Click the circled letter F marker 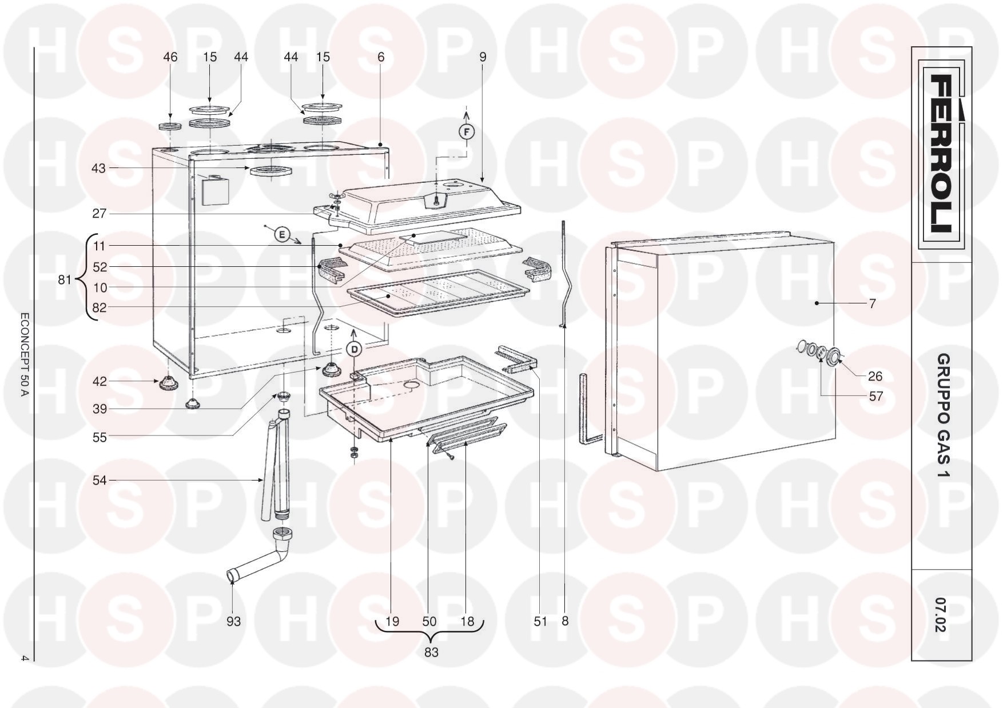click(x=467, y=133)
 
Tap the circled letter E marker click(x=281, y=234)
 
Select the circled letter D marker click(x=355, y=349)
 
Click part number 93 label click(x=233, y=621)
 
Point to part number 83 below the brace click(x=431, y=652)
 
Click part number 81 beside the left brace click(x=65, y=280)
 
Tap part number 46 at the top click(x=170, y=57)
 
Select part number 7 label click(x=872, y=304)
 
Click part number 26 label click(x=875, y=377)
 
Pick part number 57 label click(x=875, y=396)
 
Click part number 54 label click(x=99, y=481)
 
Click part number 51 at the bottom click(x=540, y=621)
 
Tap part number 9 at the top click(x=483, y=57)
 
